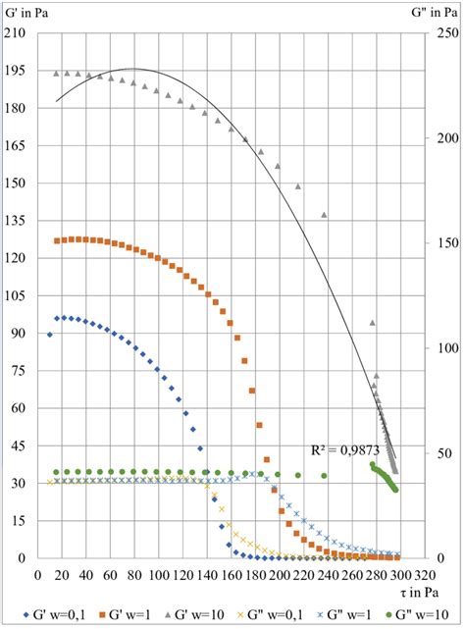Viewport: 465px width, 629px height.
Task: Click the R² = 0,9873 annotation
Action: click(x=337, y=449)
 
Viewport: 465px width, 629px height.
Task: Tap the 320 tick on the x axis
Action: click(x=424, y=574)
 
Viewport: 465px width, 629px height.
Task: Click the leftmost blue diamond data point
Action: click(x=49, y=335)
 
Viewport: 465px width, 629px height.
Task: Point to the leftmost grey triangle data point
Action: click(x=56, y=73)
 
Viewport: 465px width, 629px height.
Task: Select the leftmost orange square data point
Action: click(x=56, y=240)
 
